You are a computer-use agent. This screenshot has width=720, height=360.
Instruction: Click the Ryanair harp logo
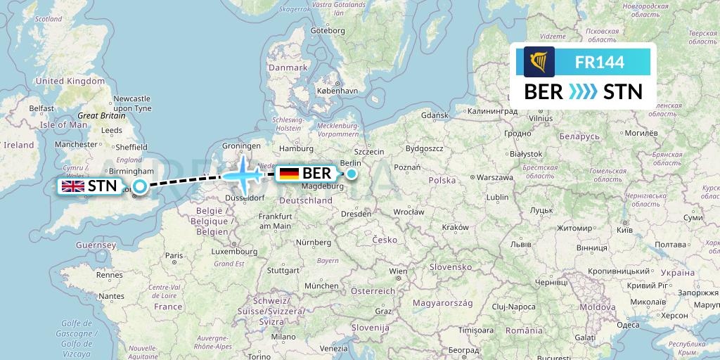[539, 62]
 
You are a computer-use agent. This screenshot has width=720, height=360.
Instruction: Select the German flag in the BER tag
[288, 173]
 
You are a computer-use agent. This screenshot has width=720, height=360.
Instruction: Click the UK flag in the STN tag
[72, 186]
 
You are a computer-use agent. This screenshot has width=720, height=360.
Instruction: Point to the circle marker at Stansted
[141, 186]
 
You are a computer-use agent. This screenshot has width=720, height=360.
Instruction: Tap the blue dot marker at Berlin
[351, 173]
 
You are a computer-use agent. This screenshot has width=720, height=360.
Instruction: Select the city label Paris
[174, 256]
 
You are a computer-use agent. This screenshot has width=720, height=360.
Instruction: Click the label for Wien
[398, 271]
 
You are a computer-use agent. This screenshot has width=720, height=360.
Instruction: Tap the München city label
[321, 286]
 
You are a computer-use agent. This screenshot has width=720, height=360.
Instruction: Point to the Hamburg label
[296, 148]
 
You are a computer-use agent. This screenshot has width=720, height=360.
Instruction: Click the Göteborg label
[328, 31]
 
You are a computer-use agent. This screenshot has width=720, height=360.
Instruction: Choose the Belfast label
[42, 108]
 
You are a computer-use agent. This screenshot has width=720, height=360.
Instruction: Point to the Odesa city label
[608, 324]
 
